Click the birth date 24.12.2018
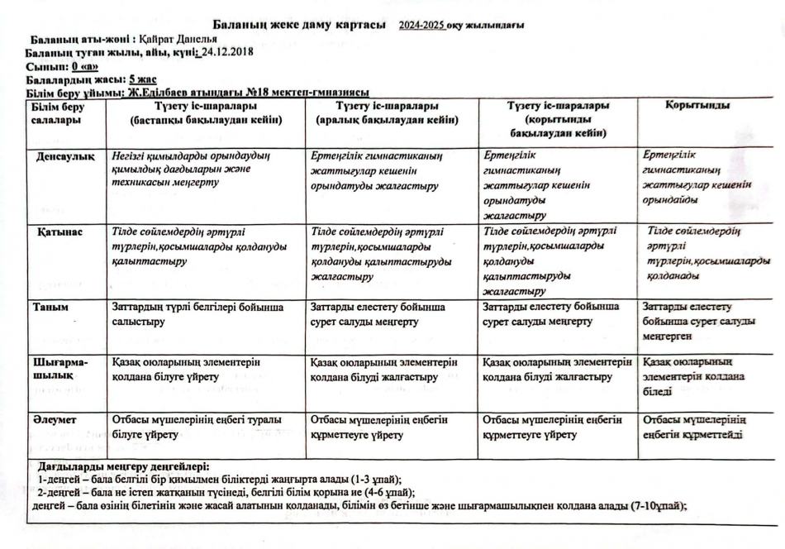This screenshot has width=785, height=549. pyautogui.click(x=225, y=52)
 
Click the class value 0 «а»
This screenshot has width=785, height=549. pyautogui.click(x=84, y=65)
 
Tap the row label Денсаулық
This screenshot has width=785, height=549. pyautogui.click(x=64, y=155)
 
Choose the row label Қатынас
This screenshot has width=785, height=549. pyautogui.click(x=59, y=232)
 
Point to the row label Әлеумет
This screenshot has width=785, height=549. pyautogui.click(x=55, y=420)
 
